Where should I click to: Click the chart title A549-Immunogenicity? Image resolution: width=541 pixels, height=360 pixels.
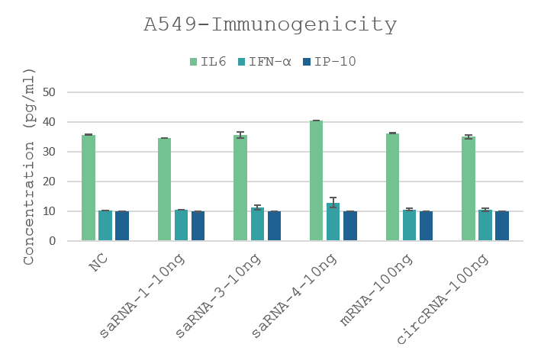pos(270,25)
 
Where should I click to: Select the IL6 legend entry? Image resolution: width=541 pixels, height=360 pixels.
pos(208,62)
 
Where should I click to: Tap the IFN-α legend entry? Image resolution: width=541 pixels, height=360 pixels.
pos(263,62)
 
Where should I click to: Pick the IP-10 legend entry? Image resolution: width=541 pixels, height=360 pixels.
pos(329,62)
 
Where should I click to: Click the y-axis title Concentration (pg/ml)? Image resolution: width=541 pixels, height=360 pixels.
pos(29,166)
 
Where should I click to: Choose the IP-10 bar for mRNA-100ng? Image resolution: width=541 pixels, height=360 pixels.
pos(427,226)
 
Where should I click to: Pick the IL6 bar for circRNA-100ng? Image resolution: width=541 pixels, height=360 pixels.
pos(469,188)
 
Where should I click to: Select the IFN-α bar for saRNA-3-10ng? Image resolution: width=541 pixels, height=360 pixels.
pos(257,224)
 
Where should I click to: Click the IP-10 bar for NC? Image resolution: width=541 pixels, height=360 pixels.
pos(122,226)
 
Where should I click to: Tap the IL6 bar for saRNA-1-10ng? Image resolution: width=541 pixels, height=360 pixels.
pos(165,189)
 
